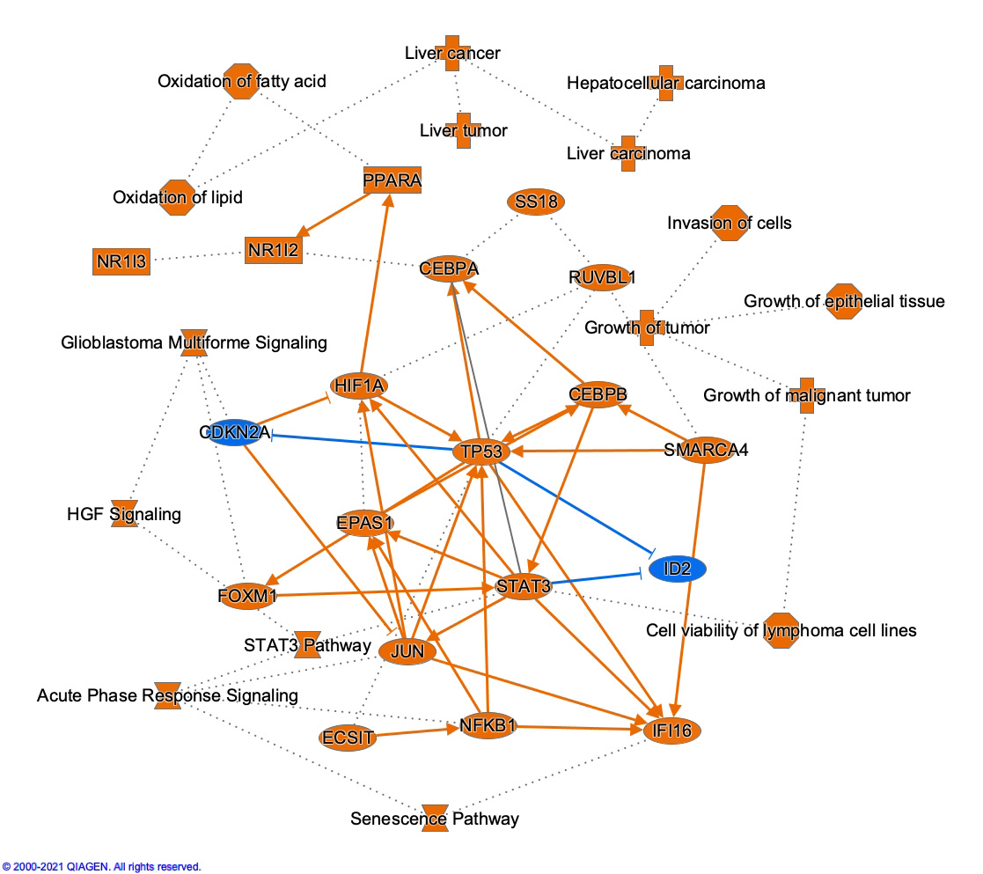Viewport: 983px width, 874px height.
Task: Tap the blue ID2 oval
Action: click(x=677, y=569)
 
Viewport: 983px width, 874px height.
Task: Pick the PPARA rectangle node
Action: click(x=392, y=180)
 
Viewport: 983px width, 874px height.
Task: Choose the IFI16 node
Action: click(x=673, y=730)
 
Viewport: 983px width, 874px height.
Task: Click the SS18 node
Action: click(x=537, y=202)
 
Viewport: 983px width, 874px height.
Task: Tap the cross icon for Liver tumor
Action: click(x=463, y=130)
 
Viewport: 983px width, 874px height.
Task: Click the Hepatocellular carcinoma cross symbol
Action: click(x=666, y=83)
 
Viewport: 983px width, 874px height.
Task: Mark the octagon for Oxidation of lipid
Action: click(x=179, y=197)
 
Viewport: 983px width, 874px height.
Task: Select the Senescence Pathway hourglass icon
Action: click(x=436, y=818)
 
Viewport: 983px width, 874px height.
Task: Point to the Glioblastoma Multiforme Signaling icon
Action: click(x=194, y=342)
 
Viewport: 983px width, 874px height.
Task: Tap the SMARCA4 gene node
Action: click(x=706, y=450)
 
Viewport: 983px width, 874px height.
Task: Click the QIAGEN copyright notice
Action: click(x=101, y=867)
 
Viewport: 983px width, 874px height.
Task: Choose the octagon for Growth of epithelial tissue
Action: click(x=843, y=301)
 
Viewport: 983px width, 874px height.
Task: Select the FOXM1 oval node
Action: click(x=247, y=597)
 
